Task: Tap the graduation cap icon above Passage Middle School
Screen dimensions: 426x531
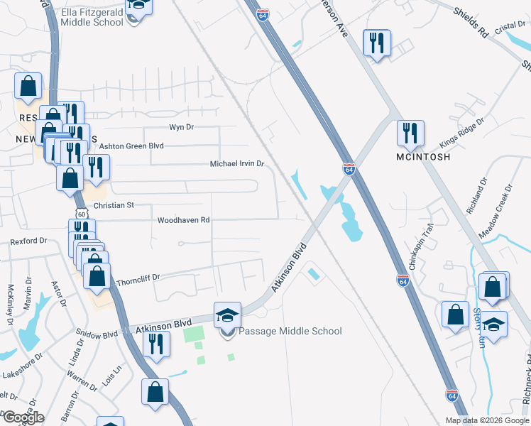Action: pos(228,315)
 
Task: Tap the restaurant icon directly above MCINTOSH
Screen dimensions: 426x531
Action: pos(410,133)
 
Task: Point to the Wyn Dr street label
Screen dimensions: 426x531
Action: pos(181,127)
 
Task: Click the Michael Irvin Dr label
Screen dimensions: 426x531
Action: pos(236,164)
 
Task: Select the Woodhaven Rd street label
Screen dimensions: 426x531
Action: pos(184,220)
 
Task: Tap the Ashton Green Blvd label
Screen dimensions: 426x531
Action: pos(131,146)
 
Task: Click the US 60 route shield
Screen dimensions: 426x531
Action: pos(82,214)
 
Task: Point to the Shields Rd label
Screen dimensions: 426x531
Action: pos(473,26)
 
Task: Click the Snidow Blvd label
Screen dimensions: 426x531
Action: pos(97,332)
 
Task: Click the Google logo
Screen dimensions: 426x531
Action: pos(23,417)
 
